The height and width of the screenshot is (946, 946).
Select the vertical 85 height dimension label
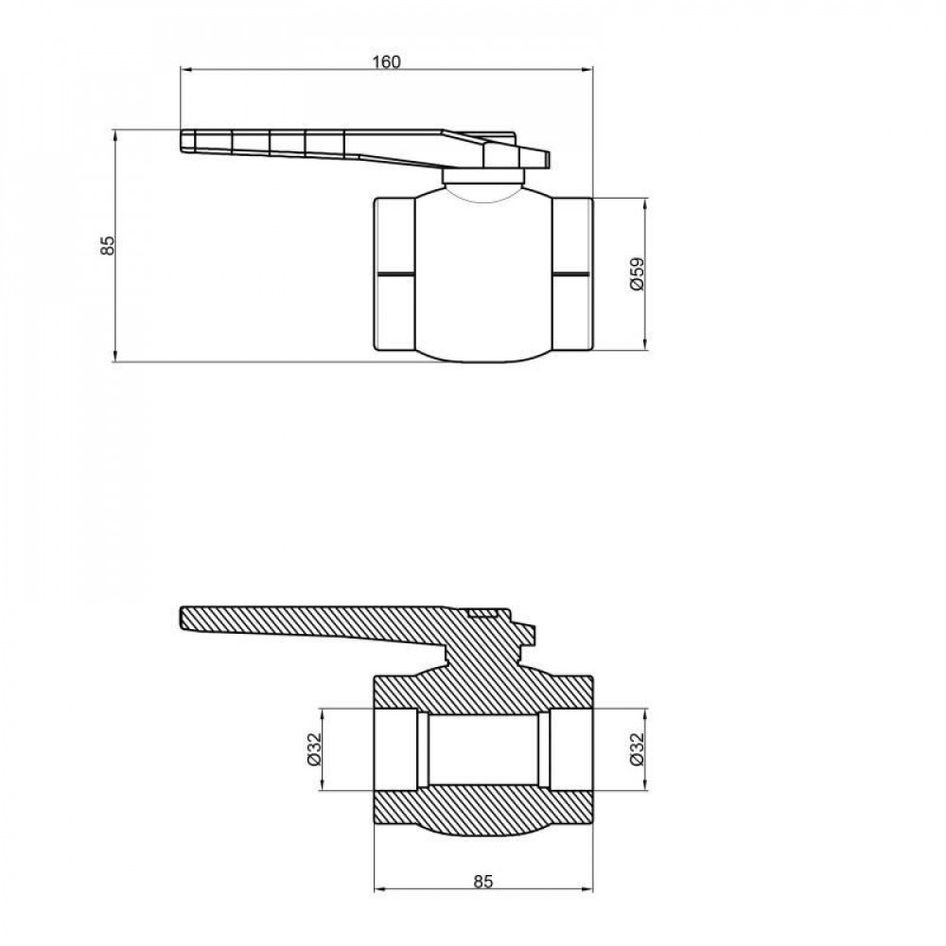tap(108, 245)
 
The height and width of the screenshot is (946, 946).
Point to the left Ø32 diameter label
tap(315, 748)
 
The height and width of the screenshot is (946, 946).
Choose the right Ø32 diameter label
tap(637, 748)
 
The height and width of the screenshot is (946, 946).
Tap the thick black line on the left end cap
tap(395, 273)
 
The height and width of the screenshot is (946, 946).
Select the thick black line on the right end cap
tap(571, 273)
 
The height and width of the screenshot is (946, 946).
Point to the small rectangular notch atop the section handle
tap(483, 614)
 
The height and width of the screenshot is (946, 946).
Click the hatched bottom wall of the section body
tap(482, 804)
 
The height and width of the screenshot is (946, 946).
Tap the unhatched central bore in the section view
tap(482, 748)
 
